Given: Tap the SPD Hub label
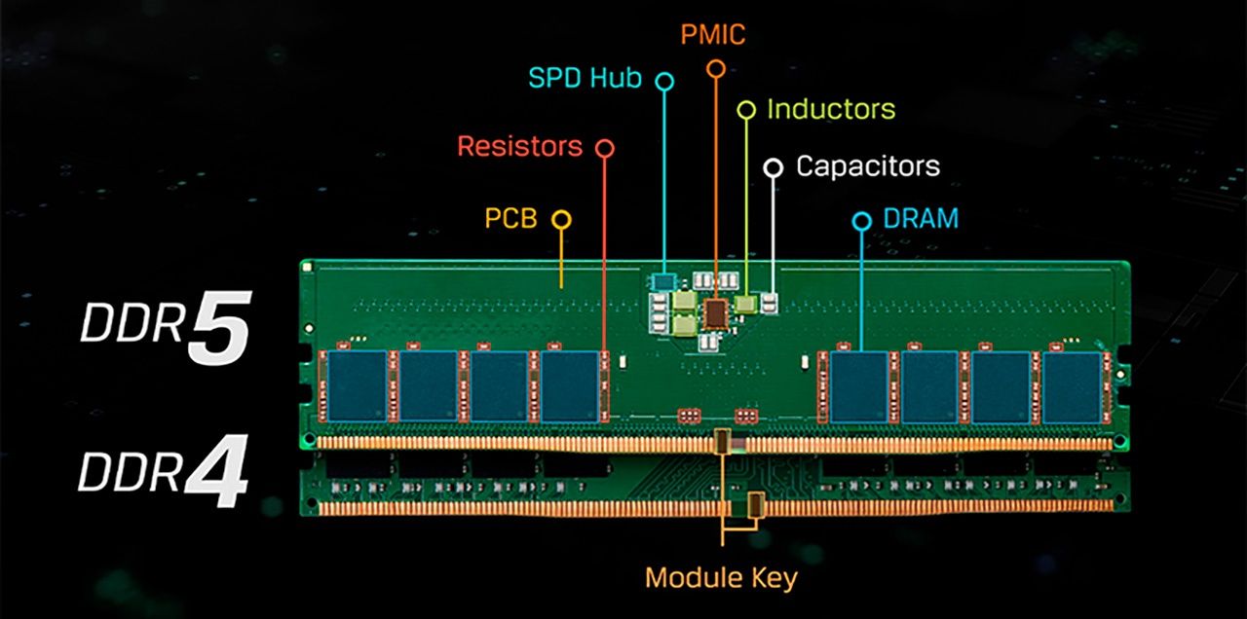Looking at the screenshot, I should (586, 78).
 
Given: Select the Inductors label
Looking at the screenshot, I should (831, 109).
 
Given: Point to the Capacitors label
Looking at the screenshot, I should (867, 165).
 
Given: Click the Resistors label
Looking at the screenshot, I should (519, 147).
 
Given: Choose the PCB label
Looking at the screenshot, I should (511, 218).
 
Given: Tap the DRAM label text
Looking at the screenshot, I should (921, 218).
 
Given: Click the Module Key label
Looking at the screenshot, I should (721, 578).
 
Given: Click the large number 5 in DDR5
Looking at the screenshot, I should (219, 329).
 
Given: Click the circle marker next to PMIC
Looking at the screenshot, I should (716, 68).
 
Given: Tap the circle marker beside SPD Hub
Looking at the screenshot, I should (664, 81).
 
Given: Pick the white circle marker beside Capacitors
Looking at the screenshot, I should (774, 167).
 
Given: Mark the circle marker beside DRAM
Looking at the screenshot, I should (861, 221).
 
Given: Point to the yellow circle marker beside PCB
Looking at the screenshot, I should (561, 219).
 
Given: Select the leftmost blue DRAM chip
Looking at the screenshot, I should (357, 385).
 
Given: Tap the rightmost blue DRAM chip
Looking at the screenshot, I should (1072, 386).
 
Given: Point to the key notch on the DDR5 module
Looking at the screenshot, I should (722, 441).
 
